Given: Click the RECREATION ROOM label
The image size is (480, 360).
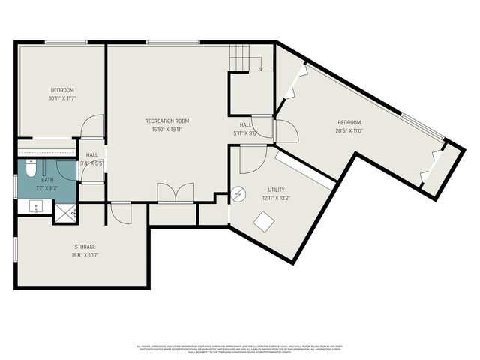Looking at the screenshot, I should click(166, 121).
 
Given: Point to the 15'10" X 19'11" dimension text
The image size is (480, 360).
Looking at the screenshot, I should click(166, 129).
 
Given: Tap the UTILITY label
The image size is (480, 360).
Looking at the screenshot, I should click(277, 190).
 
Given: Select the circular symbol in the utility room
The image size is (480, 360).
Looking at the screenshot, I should click(238, 193).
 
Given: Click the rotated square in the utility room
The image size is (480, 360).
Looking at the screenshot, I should click(263, 222).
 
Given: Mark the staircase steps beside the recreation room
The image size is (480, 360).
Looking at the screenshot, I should click(240, 57).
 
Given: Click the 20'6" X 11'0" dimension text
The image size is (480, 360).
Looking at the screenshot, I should click(349, 130).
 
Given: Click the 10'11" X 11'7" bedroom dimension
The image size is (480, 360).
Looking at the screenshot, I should click(63, 98).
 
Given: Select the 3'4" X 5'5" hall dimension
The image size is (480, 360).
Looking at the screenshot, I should click(92, 163).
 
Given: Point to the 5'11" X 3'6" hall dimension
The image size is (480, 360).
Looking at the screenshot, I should click(245, 133).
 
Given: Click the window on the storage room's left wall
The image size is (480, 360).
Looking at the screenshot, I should click(16, 249).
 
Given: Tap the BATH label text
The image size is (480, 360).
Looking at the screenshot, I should click(47, 180).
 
